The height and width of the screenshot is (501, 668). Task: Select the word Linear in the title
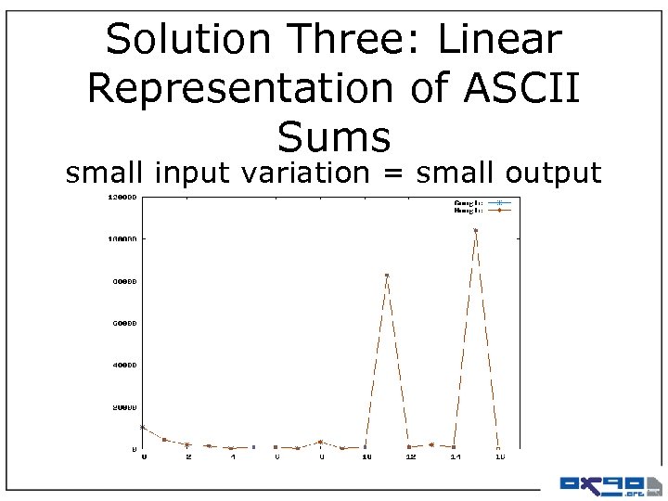(499, 40)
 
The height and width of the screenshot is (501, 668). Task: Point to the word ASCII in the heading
(521, 88)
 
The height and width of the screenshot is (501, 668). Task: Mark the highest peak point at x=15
(476, 230)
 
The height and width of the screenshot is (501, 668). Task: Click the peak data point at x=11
(387, 276)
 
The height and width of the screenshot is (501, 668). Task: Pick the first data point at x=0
(142, 427)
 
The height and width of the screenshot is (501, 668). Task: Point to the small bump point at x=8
(320, 442)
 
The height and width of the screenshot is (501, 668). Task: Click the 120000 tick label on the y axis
(121, 197)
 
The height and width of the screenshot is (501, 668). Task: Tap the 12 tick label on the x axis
(409, 456)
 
